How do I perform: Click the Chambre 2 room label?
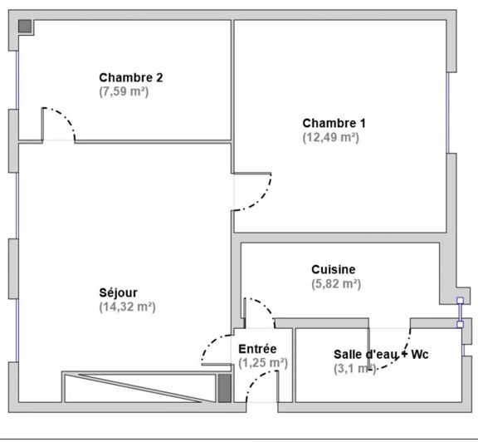click(130, 77)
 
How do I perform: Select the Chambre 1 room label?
click(334, 123)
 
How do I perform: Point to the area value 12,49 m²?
click(330, 137)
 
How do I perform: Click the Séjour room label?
click(119, 292)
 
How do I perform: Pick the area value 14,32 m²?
click(127, 307)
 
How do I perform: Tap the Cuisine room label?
click(334, 269)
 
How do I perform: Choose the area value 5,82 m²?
click(335, 283)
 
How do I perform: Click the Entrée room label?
click(257, 349)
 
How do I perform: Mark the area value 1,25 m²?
click(262, 363)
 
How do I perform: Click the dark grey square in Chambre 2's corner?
click(26, 26)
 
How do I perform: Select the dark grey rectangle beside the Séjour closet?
click(223, 387)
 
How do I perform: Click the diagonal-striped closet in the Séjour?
click(138, 387)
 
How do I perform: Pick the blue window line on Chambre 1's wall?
click(447, 113)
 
